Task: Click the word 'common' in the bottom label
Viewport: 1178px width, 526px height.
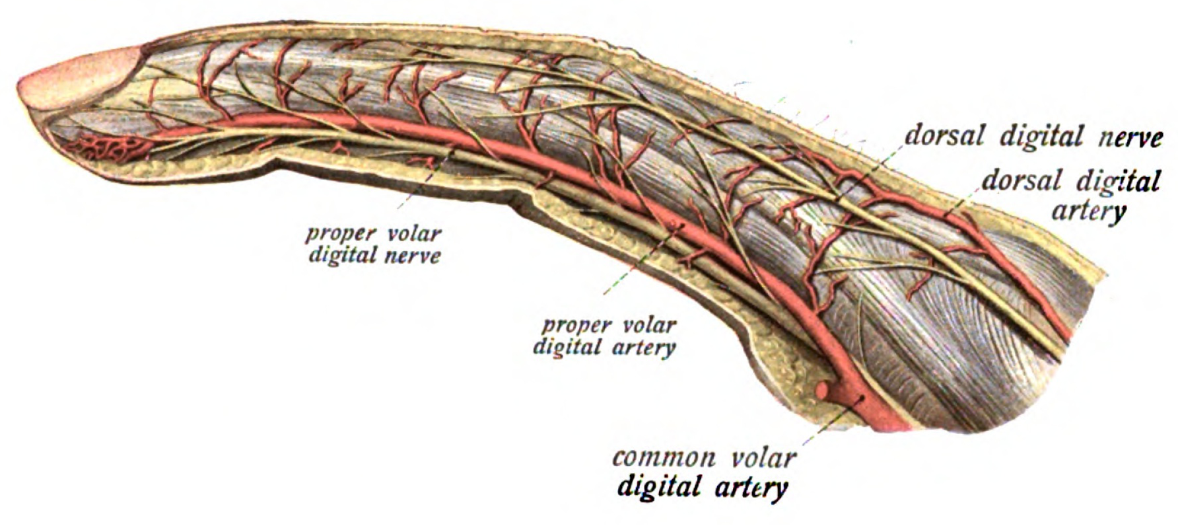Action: tap(664, 458)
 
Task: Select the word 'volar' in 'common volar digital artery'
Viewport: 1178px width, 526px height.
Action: tap(763, 458)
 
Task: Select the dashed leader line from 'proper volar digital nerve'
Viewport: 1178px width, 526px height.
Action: tap(423, 185)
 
